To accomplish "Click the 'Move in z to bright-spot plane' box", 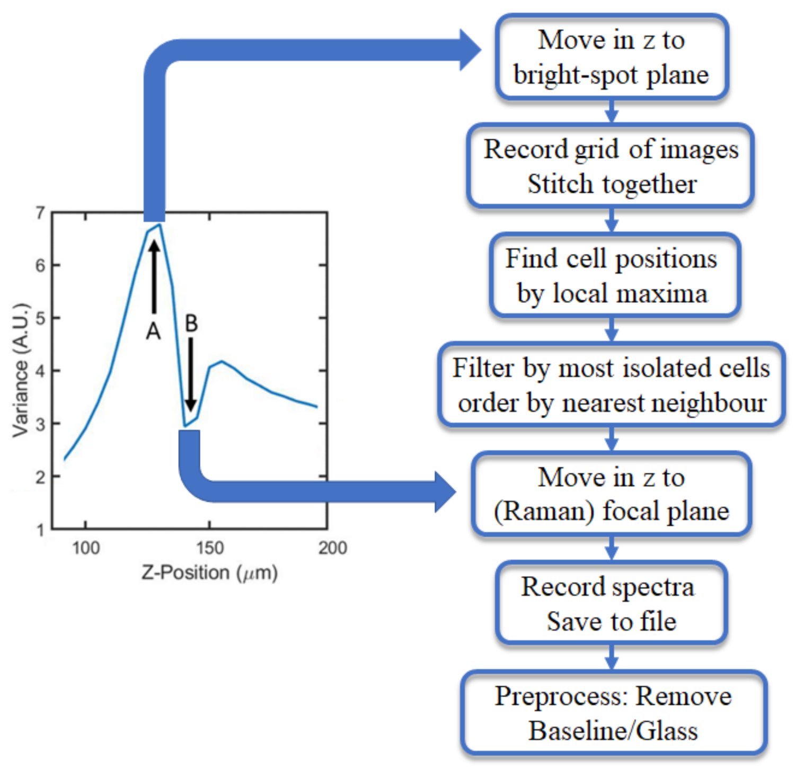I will [612, 57].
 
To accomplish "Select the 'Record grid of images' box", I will [611, 166].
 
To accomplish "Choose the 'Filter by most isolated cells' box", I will [611, 385].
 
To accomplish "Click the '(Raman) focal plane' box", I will [611, 494].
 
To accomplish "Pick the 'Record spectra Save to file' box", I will [611, 603].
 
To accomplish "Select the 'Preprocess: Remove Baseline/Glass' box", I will [614, 713].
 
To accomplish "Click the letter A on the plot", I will [153, 331].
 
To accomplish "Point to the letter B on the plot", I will [191, 323].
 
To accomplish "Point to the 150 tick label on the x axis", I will [209, 548].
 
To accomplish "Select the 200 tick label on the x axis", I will [332, 548].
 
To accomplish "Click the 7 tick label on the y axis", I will [40, 213].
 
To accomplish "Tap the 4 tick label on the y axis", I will [40, 371].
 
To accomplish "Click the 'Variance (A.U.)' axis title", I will [20, 371].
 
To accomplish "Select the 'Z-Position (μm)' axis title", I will [209, 573].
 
